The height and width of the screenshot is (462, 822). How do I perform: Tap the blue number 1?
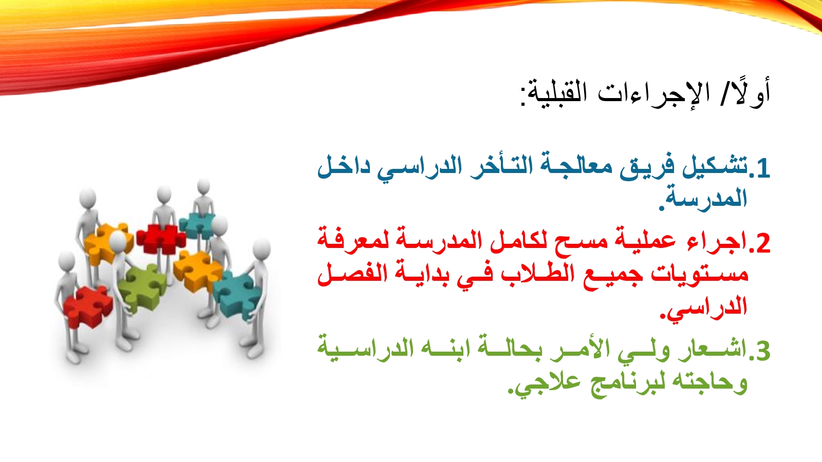coord(762,169)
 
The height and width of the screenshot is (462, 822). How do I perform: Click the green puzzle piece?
coord(141,286)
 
